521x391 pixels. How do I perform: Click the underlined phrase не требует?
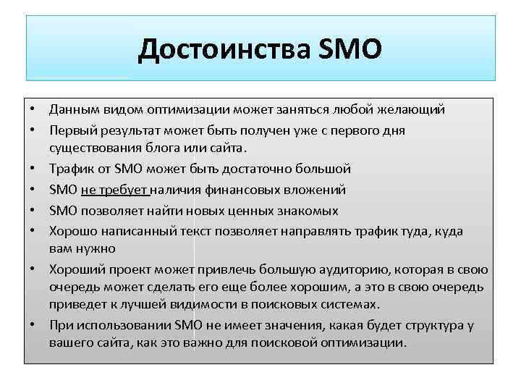114,190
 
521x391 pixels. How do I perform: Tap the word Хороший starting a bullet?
74,269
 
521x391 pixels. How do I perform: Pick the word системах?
354,305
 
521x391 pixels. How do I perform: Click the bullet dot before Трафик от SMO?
33,169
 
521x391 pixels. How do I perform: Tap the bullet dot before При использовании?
33,326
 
